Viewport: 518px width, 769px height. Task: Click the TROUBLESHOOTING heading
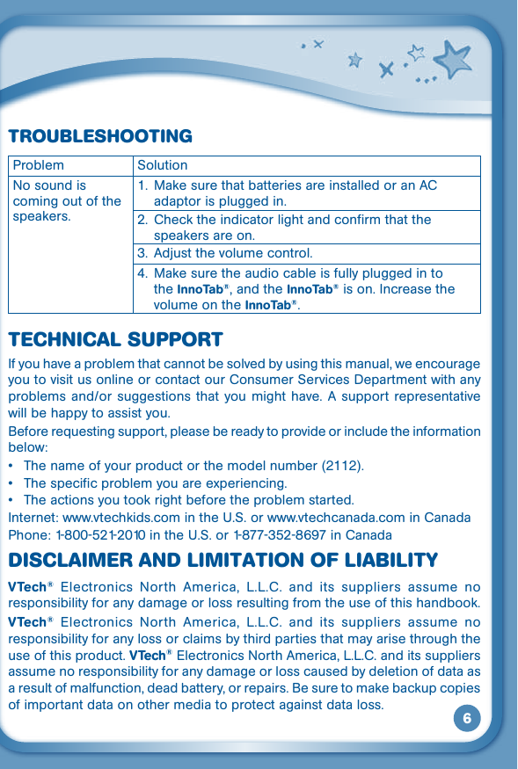tap(99, 136)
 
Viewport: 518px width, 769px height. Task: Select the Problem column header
tap(39, 165)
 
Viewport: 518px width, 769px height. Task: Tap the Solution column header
tap(163, 165)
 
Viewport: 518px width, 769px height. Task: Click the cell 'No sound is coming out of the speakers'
tap(67, 201)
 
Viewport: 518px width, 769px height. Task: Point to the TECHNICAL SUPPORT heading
tap(115, 340)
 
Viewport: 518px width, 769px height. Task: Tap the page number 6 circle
tap(467, 718)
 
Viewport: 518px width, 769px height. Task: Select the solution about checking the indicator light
tap(292, 227)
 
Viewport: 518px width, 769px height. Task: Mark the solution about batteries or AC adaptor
tap(295, 193)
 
